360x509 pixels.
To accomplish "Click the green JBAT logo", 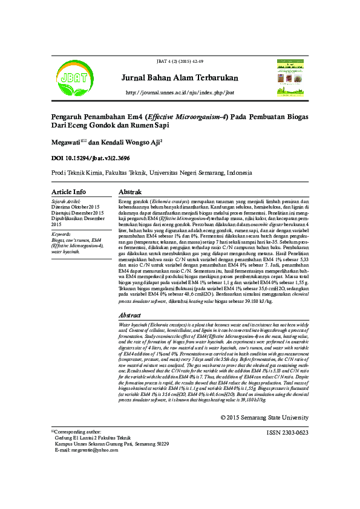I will (x=71, y=77).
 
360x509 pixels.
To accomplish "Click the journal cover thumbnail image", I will (x=291, y=79).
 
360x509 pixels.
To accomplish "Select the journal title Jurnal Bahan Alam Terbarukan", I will (x=180, y=78).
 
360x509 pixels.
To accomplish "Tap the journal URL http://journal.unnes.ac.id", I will (x=180, y=92).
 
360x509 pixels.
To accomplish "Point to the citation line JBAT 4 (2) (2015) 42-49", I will (x=180, y=62).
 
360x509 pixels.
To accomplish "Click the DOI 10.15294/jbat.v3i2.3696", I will (x=91, y=158).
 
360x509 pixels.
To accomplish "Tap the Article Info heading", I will (x=68, y=192).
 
